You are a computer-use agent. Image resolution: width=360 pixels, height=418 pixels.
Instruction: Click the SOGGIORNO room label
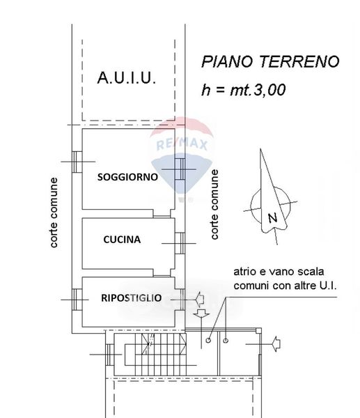[127, 177]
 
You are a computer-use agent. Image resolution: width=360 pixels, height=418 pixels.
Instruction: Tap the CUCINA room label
[122, 240]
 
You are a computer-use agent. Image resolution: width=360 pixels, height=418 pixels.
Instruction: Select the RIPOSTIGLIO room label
[132, 297]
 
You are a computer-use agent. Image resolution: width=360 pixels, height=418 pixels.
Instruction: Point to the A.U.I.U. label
[126, 78]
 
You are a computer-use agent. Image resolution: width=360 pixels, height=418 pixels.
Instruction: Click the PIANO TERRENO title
[270, 61]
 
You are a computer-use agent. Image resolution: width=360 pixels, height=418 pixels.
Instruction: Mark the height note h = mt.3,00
[244, 90]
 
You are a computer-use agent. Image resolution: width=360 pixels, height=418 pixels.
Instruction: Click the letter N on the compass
[272, 218]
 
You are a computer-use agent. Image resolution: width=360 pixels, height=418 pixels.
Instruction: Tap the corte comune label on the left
[54, 212]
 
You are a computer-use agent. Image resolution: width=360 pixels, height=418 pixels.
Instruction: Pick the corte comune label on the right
[214, 204]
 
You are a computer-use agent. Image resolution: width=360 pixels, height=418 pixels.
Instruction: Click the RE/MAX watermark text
[182, 144]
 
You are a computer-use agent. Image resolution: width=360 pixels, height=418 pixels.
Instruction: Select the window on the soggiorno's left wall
[77, 162]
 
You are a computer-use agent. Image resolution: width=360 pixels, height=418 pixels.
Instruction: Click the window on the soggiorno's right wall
[180, 169]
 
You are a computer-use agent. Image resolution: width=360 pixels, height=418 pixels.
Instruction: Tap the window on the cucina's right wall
[180, 243]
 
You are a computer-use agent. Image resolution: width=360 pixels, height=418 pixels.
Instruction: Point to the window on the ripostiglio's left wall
[77, 300]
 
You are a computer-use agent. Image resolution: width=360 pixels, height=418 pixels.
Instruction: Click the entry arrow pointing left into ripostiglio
[200, 299]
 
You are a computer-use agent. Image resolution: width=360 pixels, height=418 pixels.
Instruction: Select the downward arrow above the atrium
[201, 313]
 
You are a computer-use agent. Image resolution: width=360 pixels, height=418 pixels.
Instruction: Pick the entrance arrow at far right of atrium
[276, 344]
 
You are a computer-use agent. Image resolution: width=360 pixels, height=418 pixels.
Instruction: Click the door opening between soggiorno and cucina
[162, 214]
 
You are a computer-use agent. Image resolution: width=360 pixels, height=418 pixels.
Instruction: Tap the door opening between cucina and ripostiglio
[162, 272]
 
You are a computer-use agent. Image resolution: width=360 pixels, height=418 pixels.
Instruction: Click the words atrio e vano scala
[279, 272]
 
